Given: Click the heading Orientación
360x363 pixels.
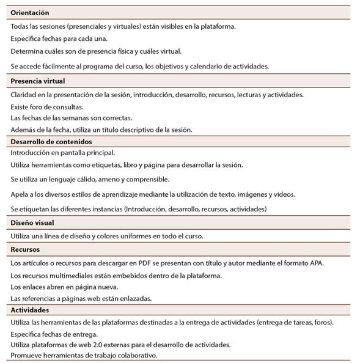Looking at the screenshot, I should pyautogui.click(x=30, y=12).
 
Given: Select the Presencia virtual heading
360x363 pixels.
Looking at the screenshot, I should pyautogui.click(x=38, y=81).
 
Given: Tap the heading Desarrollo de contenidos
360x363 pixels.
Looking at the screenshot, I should pyautogui.click(x=51, y=141).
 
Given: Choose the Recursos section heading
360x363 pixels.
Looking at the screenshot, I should pyautogui.click(x=26, y=249).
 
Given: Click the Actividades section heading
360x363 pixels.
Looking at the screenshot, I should pyautogui.click(x=30, y=310).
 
